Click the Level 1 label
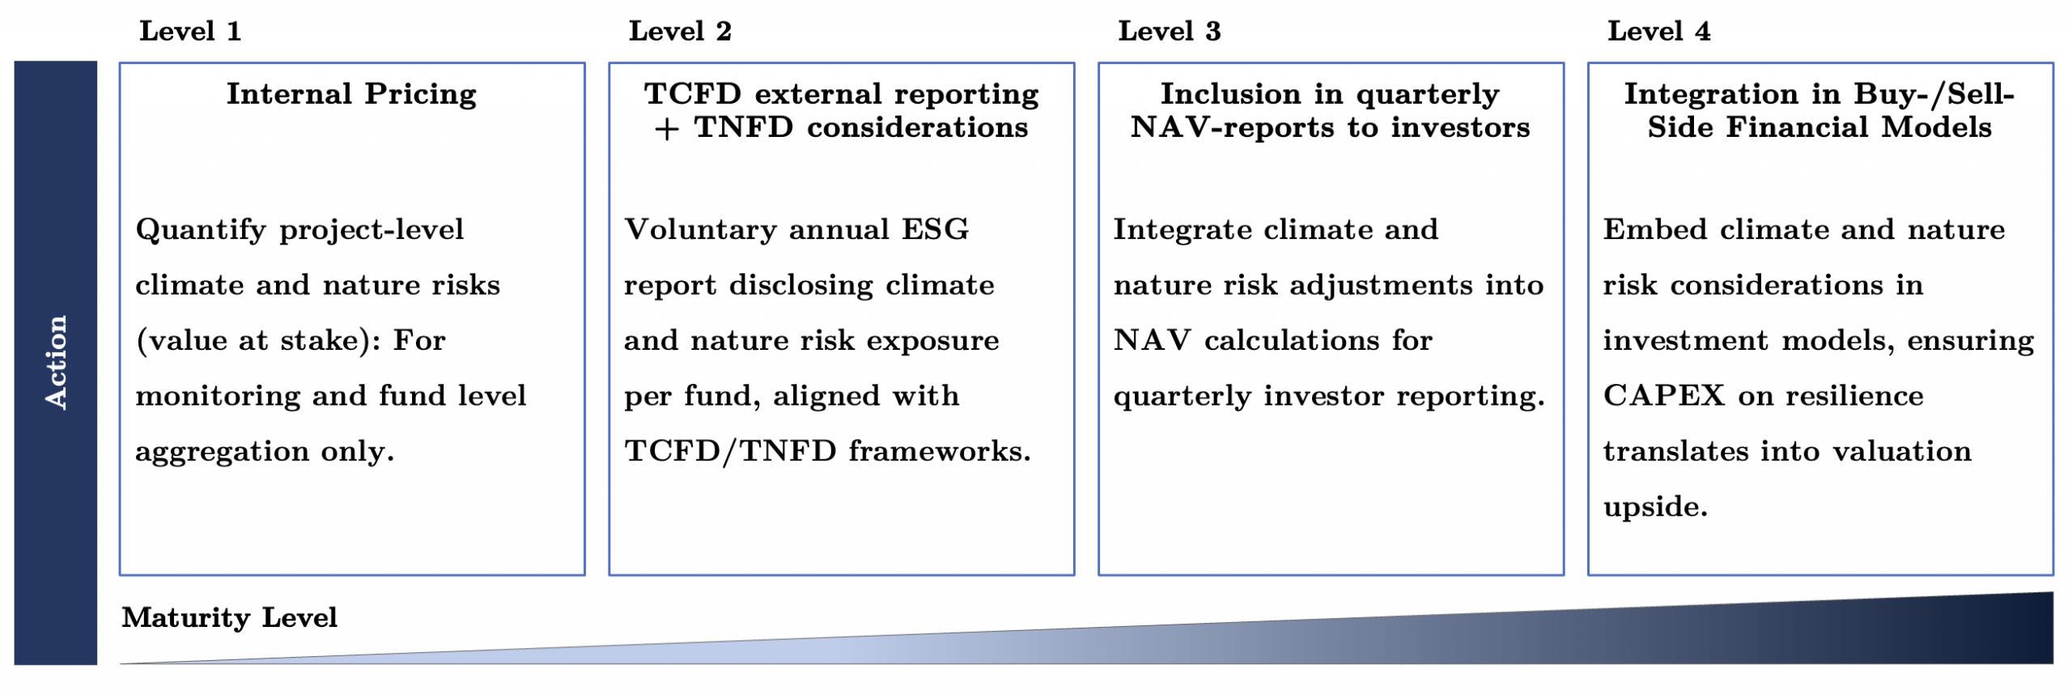[x=190, y=31]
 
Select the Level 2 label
[x=680, y=31]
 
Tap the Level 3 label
[x=1170, y=31]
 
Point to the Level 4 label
[x=1659, y=31]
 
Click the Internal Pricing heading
[x=351, y=94]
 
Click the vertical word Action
[x=55, y=362]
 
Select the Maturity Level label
[x=230, y=617]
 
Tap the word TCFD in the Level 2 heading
[x=693, y=93]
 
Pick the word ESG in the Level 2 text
[x=936, y=229]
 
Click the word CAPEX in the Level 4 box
[x=1665, y=395]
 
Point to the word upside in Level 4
[x=1655, y=507]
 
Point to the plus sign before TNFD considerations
[x=667, y=129]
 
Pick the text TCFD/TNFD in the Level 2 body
[x=731, y=451]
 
